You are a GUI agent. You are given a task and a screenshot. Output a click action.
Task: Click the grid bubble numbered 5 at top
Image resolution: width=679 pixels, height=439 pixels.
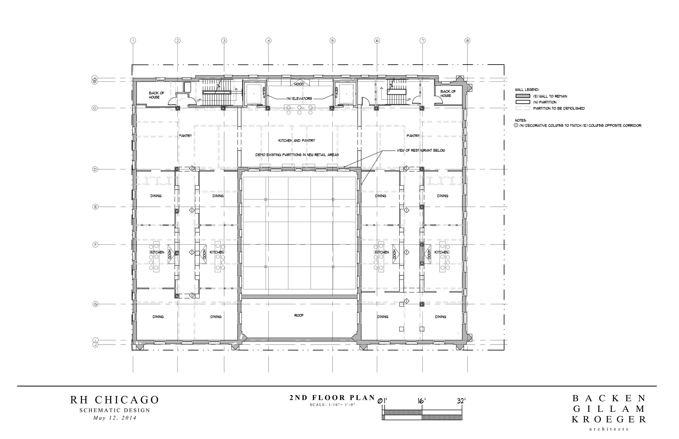click(333, 41)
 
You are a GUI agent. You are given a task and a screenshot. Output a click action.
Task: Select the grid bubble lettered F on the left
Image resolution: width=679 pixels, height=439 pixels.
click(95, 245)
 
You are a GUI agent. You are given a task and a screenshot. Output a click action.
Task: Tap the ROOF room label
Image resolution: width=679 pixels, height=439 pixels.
click(299, 315)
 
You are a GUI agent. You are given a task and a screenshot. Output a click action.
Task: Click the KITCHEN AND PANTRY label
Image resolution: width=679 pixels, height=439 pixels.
click(297, 140)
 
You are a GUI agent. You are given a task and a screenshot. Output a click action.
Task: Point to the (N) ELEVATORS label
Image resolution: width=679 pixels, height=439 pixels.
click(299, 99)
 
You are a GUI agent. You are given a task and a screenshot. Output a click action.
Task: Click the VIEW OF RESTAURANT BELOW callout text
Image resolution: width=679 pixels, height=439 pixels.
click(421, 150)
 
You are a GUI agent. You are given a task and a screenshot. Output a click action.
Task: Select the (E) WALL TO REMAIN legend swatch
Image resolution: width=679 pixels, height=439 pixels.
click(523, 96)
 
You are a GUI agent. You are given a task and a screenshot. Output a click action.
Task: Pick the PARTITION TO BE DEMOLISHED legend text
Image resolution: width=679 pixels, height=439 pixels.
click(559, 108)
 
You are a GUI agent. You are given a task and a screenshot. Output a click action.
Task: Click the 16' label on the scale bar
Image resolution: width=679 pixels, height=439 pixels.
click(421, 401)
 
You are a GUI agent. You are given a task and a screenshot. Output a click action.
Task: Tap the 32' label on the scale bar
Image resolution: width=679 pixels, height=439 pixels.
click(461, 401)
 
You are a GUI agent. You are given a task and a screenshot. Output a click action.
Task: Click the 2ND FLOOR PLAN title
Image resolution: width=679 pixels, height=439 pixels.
click(332, 398)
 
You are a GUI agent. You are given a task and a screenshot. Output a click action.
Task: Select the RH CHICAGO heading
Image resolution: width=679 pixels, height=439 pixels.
click(115, 400)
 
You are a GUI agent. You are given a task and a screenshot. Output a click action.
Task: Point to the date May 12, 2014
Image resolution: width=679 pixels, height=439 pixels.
click(115, 418)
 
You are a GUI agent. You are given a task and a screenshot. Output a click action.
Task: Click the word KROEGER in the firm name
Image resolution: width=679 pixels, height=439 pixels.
click(609, 419)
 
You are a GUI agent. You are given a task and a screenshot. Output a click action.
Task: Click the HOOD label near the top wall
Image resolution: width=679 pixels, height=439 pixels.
click(299, 84)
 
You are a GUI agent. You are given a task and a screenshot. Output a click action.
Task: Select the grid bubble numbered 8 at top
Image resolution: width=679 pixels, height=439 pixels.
click(467, 41)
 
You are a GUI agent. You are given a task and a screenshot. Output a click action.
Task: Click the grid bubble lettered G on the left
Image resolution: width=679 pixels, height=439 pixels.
click(95, 304)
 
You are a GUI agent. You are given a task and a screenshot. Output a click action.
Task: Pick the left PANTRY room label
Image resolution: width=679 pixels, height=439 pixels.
click(185, 136)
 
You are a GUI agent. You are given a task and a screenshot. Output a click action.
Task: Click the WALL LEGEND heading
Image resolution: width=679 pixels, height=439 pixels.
click(527, 89)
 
